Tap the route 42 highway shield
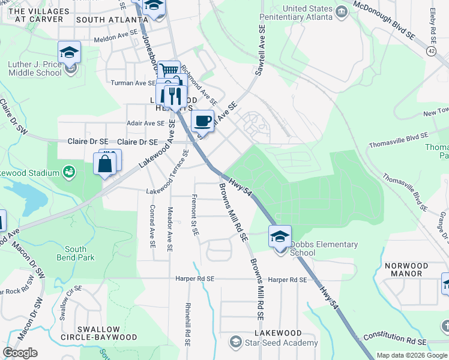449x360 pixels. click(x=432, y=52)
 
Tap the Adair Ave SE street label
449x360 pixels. click(x=145, y=123)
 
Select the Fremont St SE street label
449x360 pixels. click(x=194, y=215)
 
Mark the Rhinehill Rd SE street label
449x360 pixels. click(x=188, y=323)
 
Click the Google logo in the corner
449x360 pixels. click(x=20, y=353)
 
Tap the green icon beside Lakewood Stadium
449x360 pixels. click(x=70, y=173)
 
